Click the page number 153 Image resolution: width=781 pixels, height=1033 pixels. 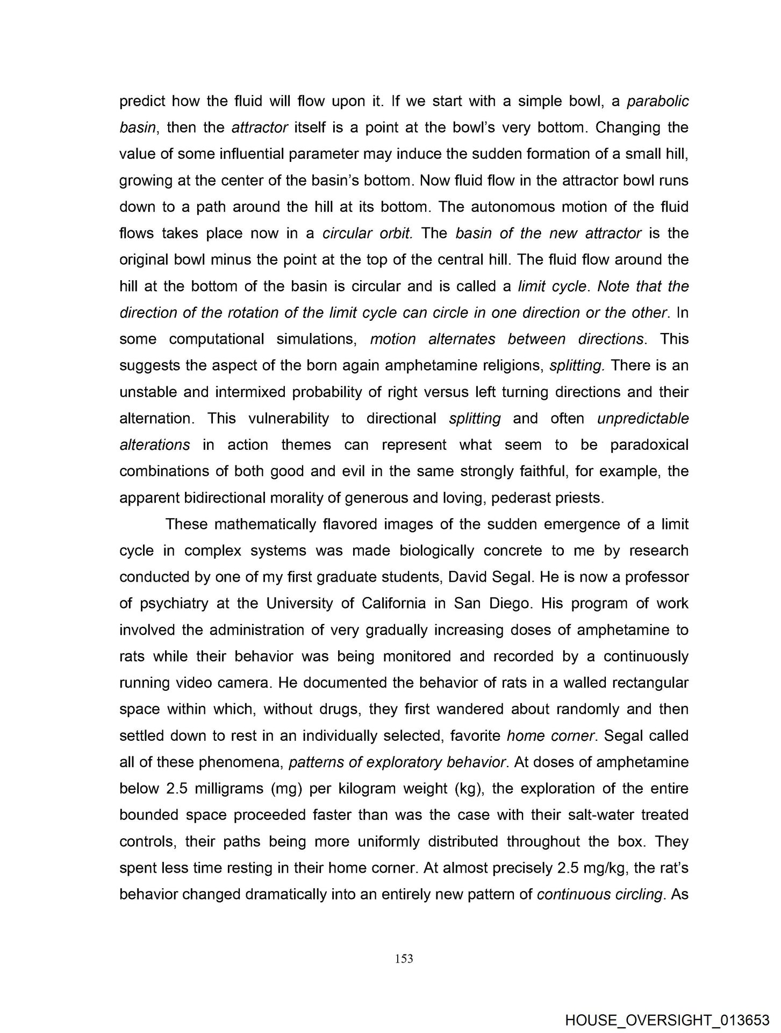click(404, 958)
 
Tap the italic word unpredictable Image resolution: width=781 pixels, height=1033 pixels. click(643, 419)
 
